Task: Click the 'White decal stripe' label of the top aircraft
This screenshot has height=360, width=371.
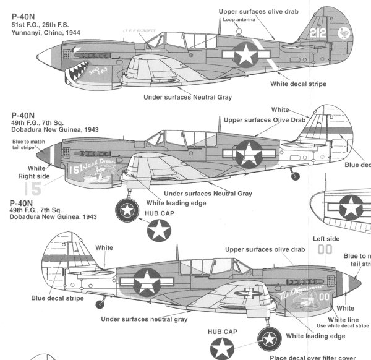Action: tap(298, 84)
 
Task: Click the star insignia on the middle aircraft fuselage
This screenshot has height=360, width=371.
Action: tap(251, 152)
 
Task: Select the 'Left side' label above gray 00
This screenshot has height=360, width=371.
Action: tap(326, 239)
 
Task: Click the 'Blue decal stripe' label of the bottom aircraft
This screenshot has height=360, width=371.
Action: tap(58, 298)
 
